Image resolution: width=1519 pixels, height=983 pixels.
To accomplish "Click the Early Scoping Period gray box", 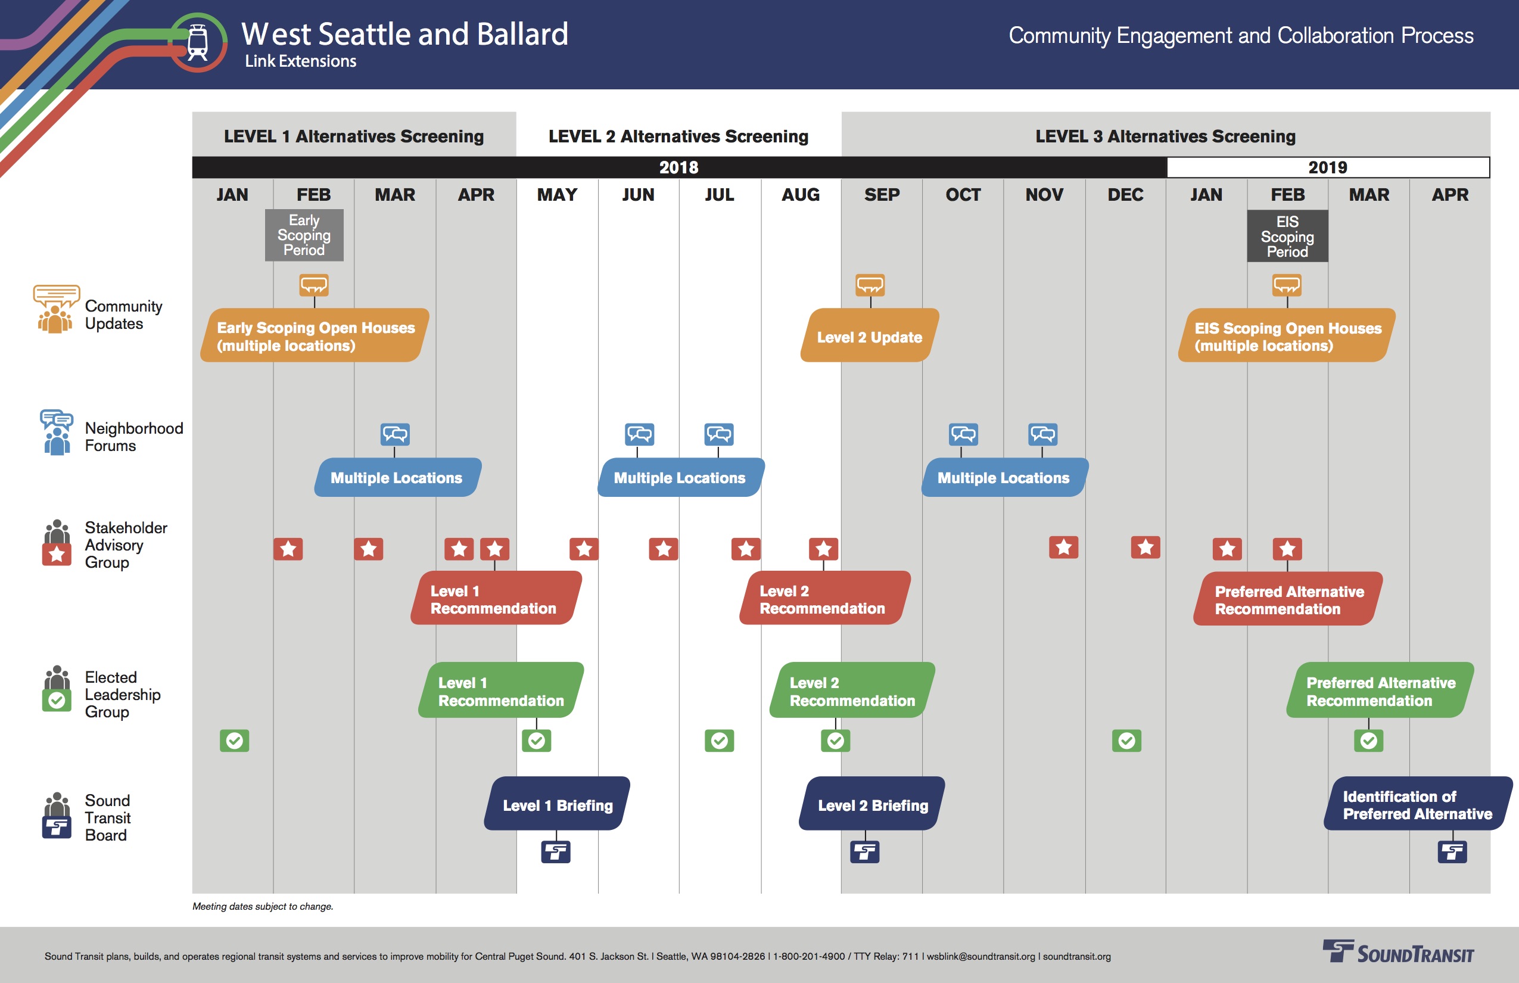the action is pyautogui.click(x=304, y=235).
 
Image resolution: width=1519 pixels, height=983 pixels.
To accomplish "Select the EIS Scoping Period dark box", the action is pyautogui.click(x=1287, y=236).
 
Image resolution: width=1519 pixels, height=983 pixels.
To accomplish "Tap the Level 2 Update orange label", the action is pyautogui.click(x=869, y=336).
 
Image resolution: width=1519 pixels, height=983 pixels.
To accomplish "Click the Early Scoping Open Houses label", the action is pyautogui.click(x=315, y=336).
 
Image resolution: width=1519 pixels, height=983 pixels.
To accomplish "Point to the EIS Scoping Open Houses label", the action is pyautogui.click(x=1287, y=336).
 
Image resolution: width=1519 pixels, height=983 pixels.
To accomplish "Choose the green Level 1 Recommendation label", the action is pyautogui.click(x=501, y=690).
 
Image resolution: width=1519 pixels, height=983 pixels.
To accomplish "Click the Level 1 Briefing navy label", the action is pyautogui.click(x=557, y=804).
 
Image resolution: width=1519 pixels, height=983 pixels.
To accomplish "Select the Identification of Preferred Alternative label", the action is pyautogui.click(x=1418, y=804).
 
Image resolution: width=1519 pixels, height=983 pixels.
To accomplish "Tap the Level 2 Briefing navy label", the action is pyautogui.click(x=872, y=804).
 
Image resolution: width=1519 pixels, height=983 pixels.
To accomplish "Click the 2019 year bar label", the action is pyautogui.click(x=1328, y=167).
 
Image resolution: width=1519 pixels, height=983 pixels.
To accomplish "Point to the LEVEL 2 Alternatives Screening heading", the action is pyautogui.click(x=678, y=136).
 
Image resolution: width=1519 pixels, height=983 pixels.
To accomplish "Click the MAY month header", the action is pyautogui.click(x=557, y=195).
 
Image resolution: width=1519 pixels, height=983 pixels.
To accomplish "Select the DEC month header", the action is pyautogui.click(x=1125, y=195).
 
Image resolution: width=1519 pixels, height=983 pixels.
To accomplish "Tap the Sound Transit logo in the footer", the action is pyautogui.click(x=1397, y=953).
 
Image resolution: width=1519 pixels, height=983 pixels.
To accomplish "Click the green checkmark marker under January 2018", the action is pyautogui.click(x=234, y=741).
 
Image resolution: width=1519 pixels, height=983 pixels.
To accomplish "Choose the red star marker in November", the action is pyautogui.click(x=1063, y=547).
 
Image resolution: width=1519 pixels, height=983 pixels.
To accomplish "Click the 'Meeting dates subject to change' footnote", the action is pyautogui.click(x=263, y=906).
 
